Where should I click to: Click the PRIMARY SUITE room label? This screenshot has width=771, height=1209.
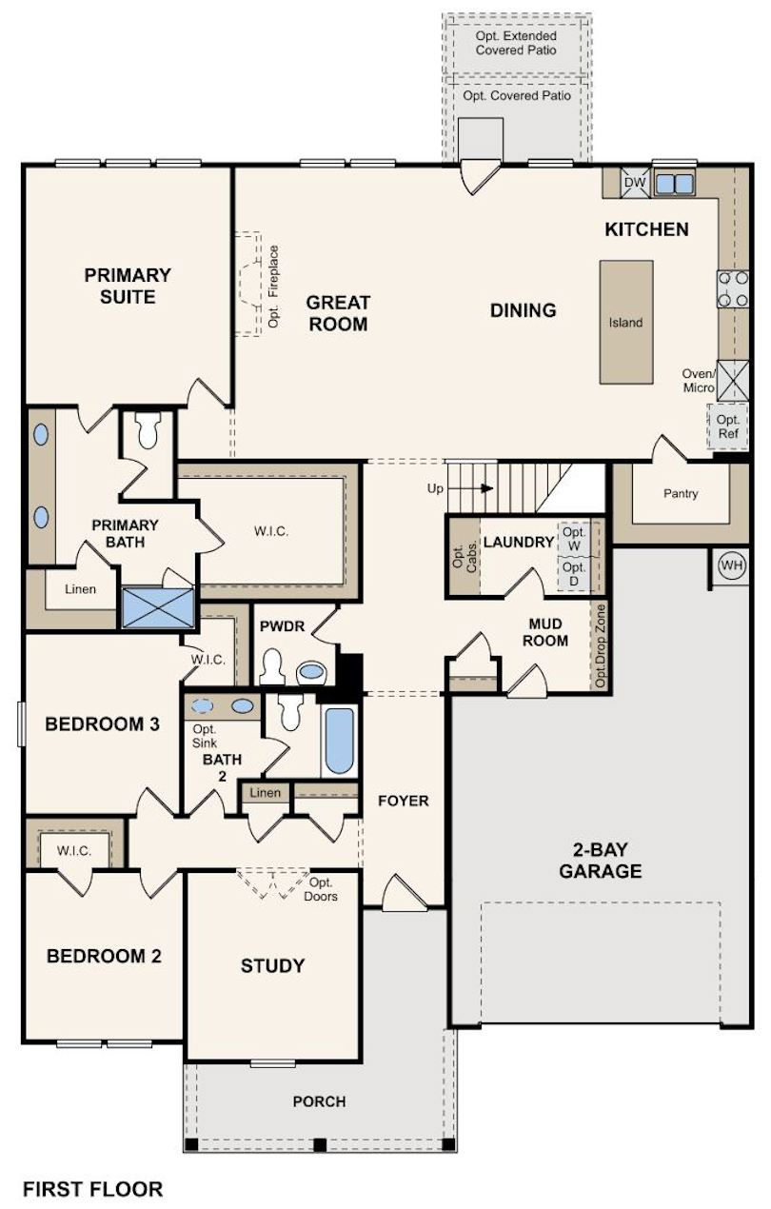point(128,286)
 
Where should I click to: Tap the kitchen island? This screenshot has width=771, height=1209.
point(626,322)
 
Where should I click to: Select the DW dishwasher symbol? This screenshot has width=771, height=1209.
point(634,183)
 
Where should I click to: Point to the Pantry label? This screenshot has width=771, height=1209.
point(681,493)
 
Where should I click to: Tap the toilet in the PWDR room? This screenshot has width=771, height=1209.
point(272,667)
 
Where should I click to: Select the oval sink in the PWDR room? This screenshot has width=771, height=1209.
point(310,673)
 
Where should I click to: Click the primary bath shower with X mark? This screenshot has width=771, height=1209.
point(158,606)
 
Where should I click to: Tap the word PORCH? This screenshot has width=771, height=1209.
point(320,1101)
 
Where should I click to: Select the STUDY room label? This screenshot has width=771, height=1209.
point(272,966)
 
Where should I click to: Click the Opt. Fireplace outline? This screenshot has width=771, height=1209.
point(249,284)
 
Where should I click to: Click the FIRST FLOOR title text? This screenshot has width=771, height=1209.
point(92,1189)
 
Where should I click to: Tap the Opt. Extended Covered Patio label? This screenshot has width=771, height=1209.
point(516,43)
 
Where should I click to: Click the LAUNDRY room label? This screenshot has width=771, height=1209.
point(518,542)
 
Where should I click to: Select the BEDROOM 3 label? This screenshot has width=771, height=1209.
point(102,723)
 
